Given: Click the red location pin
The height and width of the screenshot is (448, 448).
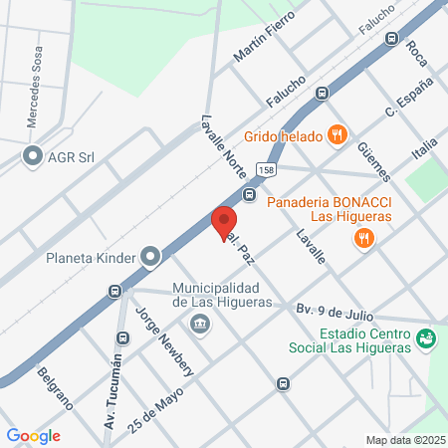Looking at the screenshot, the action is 224,220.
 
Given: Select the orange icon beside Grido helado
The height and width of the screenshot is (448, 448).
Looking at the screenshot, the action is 337,134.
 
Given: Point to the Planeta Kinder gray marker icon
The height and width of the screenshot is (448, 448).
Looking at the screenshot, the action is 150,257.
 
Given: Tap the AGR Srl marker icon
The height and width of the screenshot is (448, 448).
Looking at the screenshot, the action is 33,156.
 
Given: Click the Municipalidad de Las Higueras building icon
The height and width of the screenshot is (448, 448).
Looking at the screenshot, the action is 199,324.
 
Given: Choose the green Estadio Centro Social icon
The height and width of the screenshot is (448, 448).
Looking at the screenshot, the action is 425,338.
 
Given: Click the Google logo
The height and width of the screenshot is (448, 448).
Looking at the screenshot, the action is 33,435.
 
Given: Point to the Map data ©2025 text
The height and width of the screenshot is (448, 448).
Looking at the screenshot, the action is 403,439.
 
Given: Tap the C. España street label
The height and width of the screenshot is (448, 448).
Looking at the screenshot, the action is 409,99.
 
